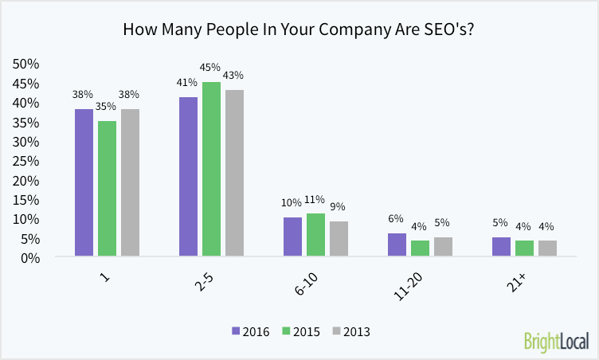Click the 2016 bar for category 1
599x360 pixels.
click(84, 182)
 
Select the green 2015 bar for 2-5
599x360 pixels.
click(211, 169)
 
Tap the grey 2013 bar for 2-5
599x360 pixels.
click(234, 173)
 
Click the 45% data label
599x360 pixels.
click(211, 68)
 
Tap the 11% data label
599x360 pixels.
click(315, 199)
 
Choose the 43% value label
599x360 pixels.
click(234, 76)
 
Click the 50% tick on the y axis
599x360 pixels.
click(26, 64)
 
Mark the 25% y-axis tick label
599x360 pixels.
click(26, 161)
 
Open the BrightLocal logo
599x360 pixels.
click(555, 342)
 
